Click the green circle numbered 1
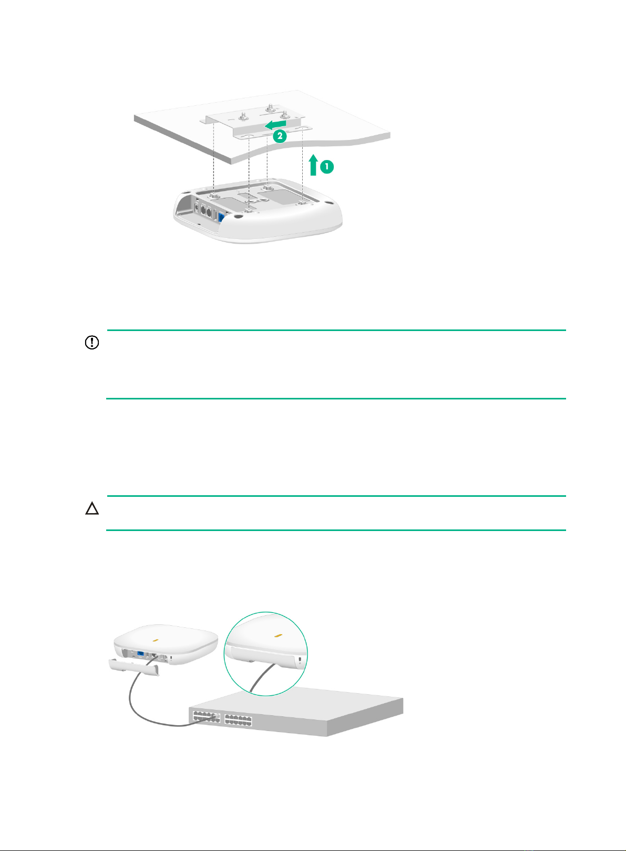pyautogui.click(x=326, y=166)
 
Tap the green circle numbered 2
pyautogui.click(x=280, y=136)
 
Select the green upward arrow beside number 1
pyautogui.click(x=313, y=165)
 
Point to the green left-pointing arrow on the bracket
pyautogui.click(x=275, y=125)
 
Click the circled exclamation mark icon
pyautogui.click(x=92, y=342)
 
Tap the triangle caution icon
pyautogui.click(x=92, y=508)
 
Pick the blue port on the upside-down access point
pyautogui.click(x=221, y=219)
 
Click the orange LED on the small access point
pyautogui.click(x=155, y=640)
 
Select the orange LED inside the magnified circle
pyautogui.click(x=278, y=635)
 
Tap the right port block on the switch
pyautogui.click(x=238, y=719)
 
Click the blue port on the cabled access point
pyautogui.click(x=140, y=654)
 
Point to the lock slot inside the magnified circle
pyautogui.click(x=301, y=659)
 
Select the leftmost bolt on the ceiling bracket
pyautogui.click(x=243, y=114)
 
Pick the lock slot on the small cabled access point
pyautogui.click(x=170, y=657)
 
